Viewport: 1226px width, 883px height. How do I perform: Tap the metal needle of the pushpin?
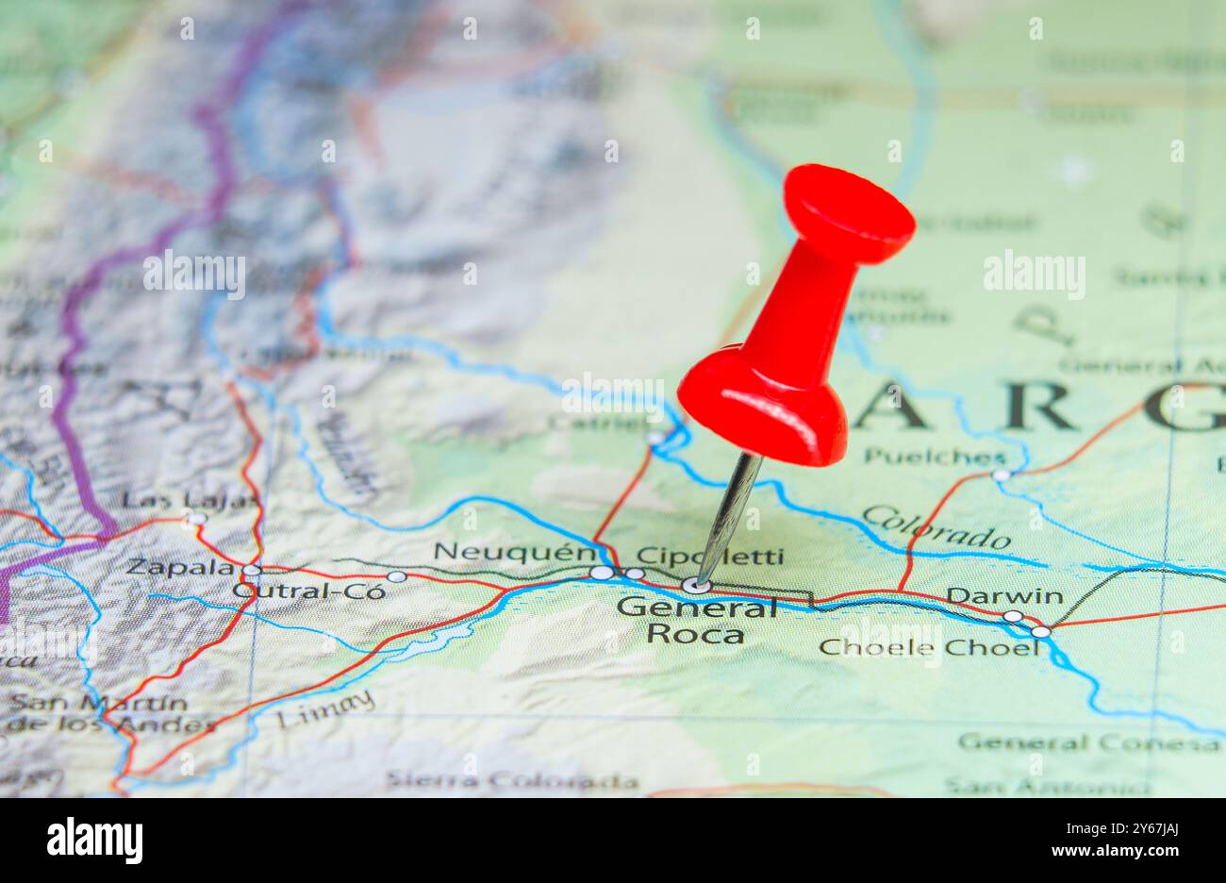pos(728,514)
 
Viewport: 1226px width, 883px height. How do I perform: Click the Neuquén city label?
pos(514,552)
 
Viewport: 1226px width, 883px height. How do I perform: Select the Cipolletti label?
pos(709,556)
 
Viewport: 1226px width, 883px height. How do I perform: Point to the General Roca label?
pos(696,620)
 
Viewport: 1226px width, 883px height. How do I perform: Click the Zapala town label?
pos(180,567)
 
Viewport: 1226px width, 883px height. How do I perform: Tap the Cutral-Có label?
pos(309,591)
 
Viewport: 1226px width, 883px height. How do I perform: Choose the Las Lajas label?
pos(189,500)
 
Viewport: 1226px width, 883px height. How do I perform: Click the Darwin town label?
pos(1004,596)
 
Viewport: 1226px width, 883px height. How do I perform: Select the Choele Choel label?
pos(929,647)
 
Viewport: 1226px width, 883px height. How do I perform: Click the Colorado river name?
pos(936,527)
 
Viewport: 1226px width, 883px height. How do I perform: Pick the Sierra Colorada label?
pos(511,781)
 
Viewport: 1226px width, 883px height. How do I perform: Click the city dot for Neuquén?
pos(600,573)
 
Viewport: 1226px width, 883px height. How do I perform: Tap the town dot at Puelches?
pos(1001,475)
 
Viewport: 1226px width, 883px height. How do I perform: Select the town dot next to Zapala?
pos(251,571)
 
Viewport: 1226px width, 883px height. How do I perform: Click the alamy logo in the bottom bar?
pos(95,840)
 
